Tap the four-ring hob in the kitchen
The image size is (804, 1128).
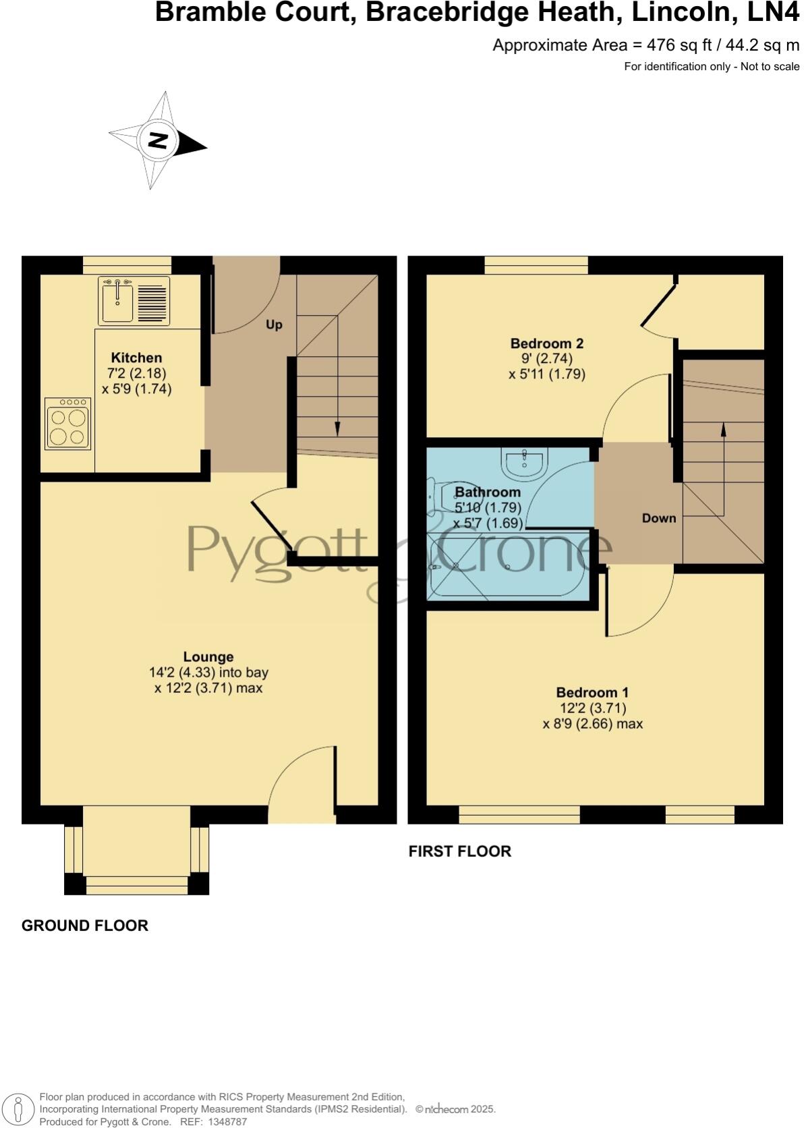(x=68, y=424)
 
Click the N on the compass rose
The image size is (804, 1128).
(x=158, y=141)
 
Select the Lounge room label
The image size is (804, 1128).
(x=208, y=656)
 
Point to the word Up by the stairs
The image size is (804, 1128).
(x=274, y=325)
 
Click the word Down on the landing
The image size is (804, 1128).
(x=659, y=518)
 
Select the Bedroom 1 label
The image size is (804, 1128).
(x=592, y=692)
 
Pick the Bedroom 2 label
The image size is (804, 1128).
(x=547, y=343)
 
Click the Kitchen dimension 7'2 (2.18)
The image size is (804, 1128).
(x=137, y=373)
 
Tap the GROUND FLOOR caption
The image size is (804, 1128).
(x=85, y=925)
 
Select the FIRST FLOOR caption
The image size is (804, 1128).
(x=460, y=851)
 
